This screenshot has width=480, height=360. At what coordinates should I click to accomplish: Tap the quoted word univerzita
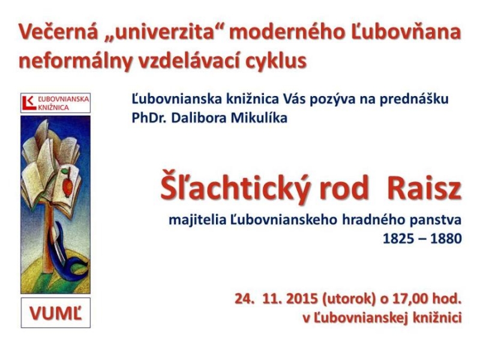click(x=163, y=32)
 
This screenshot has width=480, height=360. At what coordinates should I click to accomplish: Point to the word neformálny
click(x=74, y=61)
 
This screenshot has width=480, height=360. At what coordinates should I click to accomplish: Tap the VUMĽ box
click(x=56, y=313)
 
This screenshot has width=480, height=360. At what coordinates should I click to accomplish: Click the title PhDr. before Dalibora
click(x=149, y=118)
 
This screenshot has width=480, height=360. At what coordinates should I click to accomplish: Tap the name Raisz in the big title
click(x=424, y=188)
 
